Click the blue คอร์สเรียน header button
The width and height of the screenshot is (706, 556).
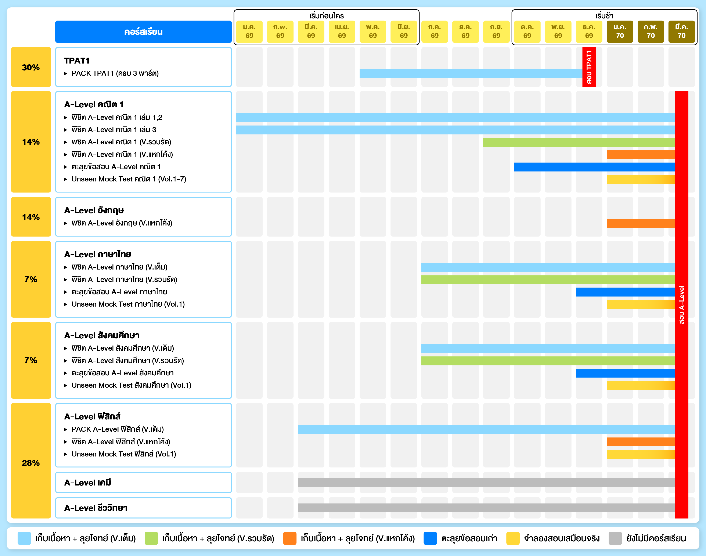pos(143,32)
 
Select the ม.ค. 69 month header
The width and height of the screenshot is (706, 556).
pos(249,32)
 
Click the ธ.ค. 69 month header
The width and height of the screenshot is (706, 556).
pos(589,32)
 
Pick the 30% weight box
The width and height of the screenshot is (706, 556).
pos(31,67)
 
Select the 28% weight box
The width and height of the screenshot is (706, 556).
pos(31,463)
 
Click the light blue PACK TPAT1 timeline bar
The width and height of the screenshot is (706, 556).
pos(470,73)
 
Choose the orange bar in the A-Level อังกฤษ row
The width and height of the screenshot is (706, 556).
pos(640,223)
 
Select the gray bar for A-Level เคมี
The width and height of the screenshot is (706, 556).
pos(486,483)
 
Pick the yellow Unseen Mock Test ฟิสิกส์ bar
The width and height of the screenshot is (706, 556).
pos(640,454)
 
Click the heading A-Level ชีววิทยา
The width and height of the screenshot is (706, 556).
pos(96,508)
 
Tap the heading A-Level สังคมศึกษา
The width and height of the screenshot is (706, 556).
pos(102,335)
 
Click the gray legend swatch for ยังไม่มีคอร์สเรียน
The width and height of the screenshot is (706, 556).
pos(615,538)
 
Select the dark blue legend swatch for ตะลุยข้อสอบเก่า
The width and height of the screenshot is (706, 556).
pos(430,538)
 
